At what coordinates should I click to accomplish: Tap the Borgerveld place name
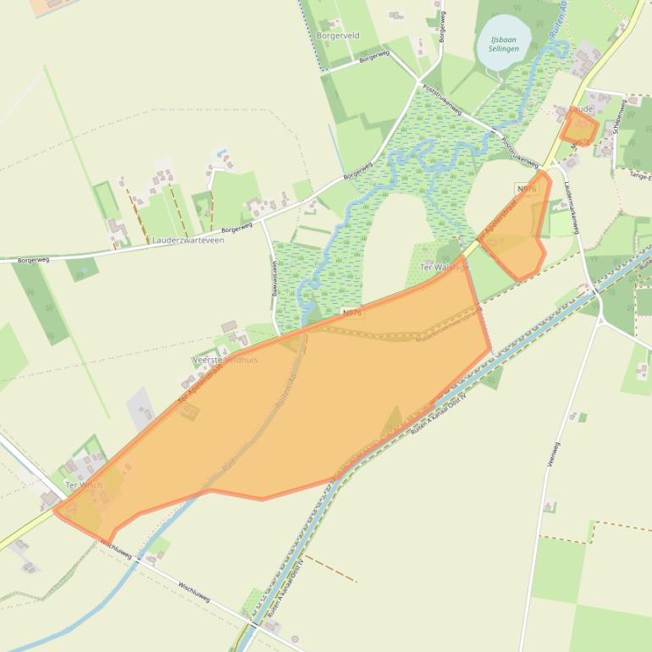[338, 36]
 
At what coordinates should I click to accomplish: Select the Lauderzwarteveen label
[188, 240]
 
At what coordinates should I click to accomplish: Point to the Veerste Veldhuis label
[225, 360]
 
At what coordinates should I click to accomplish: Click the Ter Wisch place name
[83, 485]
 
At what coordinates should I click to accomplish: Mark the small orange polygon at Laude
[579, 130]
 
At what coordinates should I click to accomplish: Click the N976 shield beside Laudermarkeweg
[526, 189]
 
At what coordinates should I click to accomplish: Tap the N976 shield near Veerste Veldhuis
[352, 313]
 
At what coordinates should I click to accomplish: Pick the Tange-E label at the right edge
[640, 176]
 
